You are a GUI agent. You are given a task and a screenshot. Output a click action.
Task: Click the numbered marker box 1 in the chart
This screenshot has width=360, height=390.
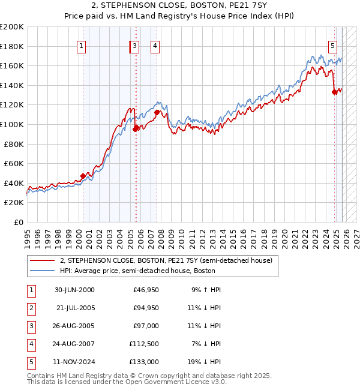[x=81, y=45]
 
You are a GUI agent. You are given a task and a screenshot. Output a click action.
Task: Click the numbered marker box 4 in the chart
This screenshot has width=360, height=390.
[x=155, y=45]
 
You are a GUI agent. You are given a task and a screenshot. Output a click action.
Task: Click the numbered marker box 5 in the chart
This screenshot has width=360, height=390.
[x=332, y=45]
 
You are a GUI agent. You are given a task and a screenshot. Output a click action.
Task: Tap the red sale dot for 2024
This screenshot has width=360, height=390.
[x=334, y=92]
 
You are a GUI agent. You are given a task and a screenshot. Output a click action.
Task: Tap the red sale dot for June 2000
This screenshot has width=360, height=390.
[x=83, y=176]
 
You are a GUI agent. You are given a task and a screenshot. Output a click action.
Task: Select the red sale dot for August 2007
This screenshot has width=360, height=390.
[x=157, y=112]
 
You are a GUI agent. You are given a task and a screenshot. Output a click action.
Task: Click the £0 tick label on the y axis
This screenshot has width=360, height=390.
[x=18, y=222]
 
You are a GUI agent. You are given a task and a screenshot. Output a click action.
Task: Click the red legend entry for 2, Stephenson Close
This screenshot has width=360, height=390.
[x=166, y=260]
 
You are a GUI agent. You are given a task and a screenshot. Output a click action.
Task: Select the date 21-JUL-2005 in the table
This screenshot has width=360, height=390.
[x=74, y=308]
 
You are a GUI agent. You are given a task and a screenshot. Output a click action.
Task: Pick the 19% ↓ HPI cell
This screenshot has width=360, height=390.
[x=204, y=362]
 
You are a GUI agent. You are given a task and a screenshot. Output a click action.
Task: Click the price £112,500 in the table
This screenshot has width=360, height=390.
[x=145, y=344]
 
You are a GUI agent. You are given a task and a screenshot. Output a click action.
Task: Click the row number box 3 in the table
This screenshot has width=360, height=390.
[x=29, y=326]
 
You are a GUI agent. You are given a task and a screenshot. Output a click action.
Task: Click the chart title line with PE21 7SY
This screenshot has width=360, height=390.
[x=180, y=8]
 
